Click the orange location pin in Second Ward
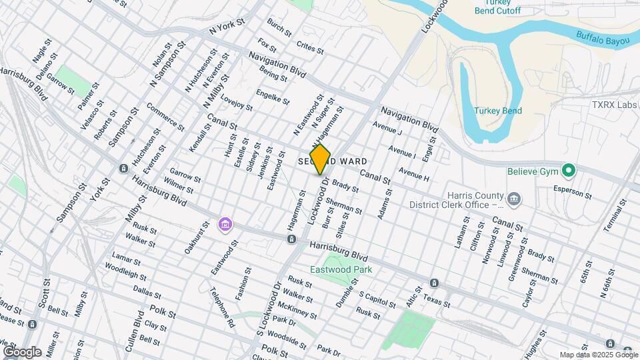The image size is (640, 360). click(321, 159)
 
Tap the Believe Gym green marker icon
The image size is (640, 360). click(568, 171)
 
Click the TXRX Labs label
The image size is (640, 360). click(615, 105)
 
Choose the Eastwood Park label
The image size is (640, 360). click(341, 269)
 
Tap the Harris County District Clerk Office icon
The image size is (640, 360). click(513, 198)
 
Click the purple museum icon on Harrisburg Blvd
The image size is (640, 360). click(225, 223)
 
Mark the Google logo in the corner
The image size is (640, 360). click(22, 351)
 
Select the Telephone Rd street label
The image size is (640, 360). click(223, 307)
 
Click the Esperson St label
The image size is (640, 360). click(572, 193)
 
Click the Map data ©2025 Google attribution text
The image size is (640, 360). click(598, 355)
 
